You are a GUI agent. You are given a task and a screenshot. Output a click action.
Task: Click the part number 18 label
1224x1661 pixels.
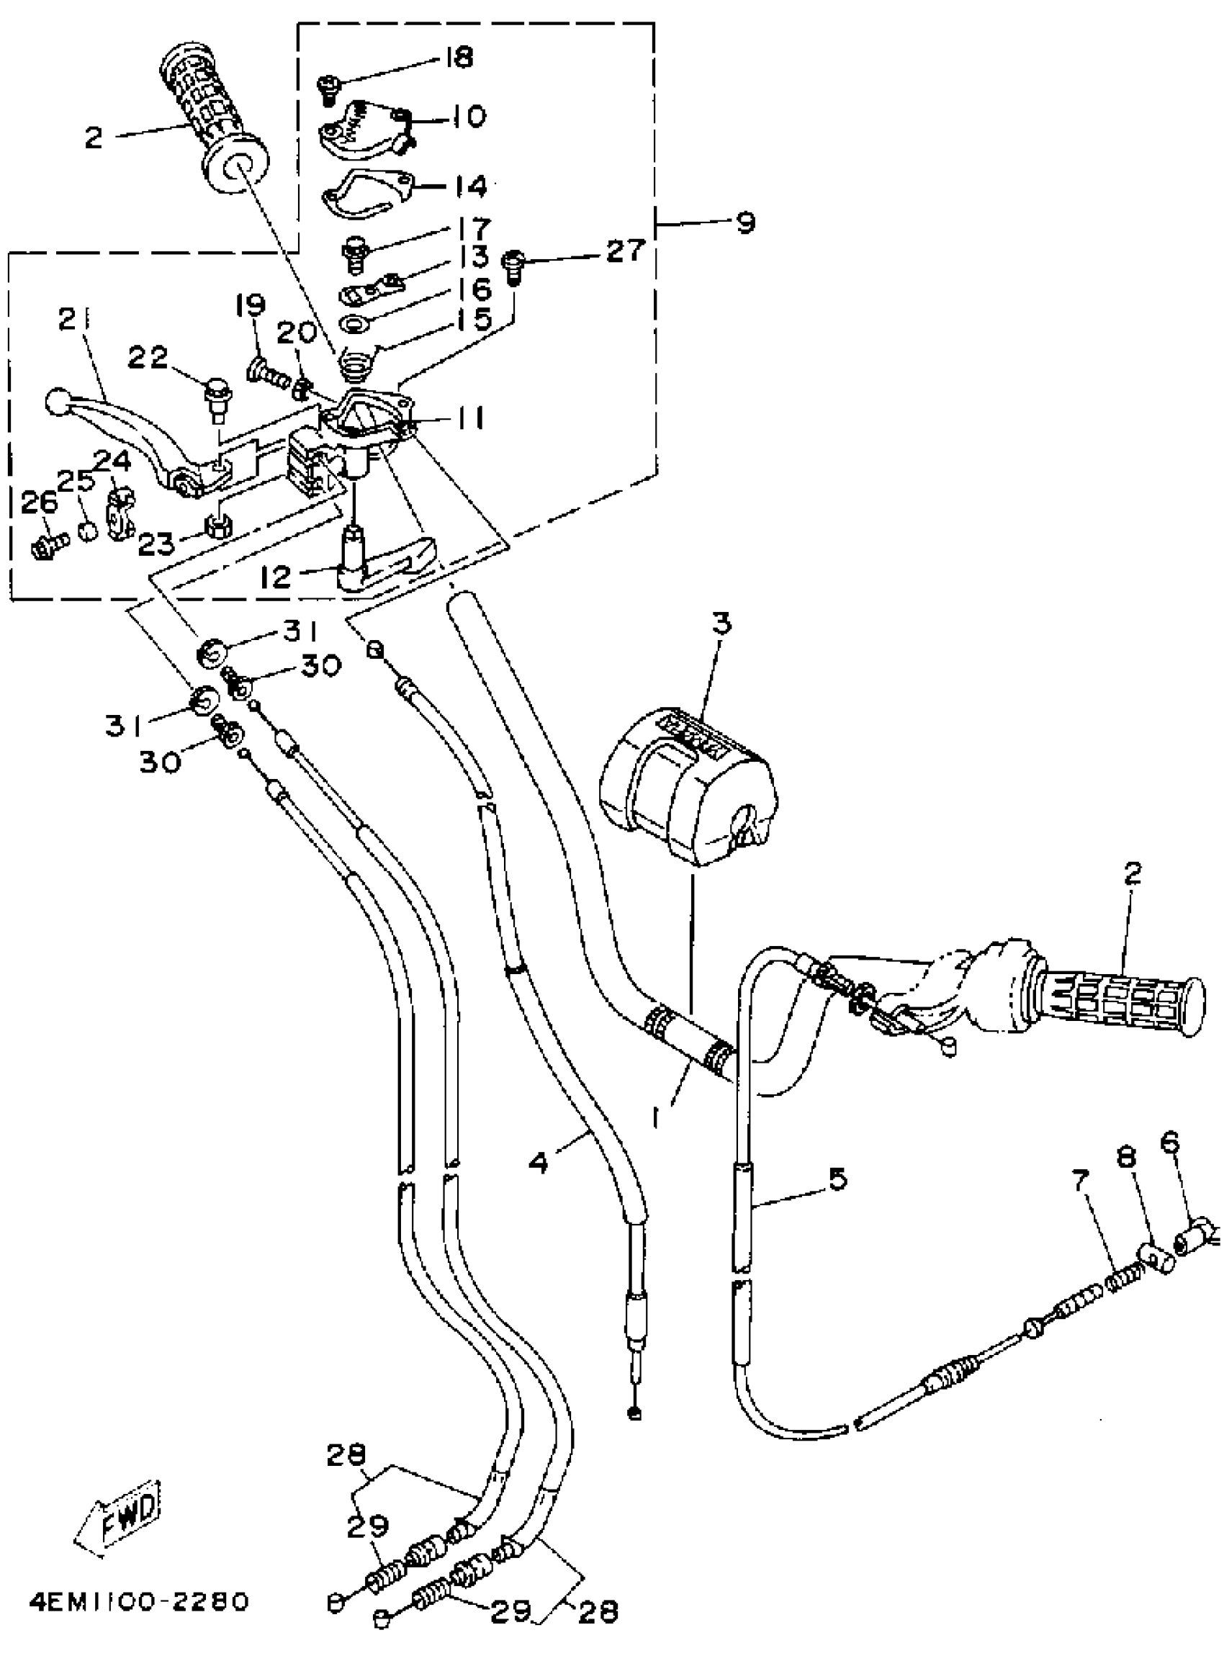click(x=460, y=57)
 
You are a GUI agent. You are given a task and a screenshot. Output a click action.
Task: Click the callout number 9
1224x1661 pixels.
click(x=745, y=222)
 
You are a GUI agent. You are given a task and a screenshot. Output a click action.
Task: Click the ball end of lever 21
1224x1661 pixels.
click(x=57, y=402)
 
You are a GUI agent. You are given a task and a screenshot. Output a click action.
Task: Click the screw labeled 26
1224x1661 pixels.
click(x=48, y=546)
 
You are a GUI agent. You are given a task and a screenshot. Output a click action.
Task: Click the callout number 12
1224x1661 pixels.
click(x=276, y=577)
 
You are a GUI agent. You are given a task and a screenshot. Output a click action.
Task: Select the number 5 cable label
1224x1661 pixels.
click(x=837, y=1179)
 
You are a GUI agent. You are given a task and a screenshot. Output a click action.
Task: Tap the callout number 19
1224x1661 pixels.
click(x=251, y=305)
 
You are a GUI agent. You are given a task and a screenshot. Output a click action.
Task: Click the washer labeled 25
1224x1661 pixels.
click(x=87, y=531)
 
